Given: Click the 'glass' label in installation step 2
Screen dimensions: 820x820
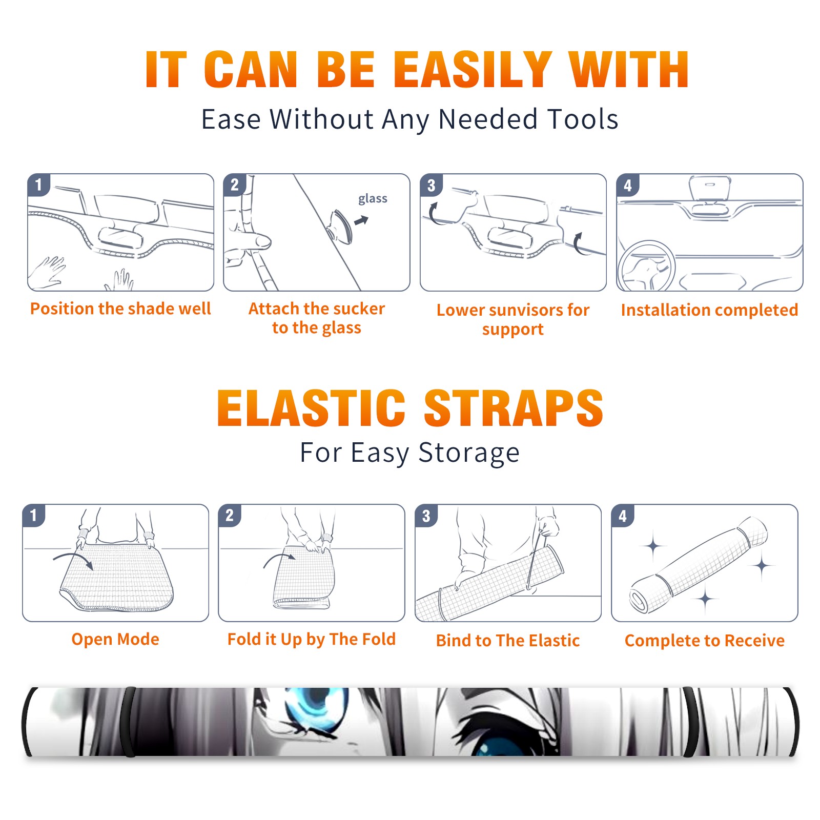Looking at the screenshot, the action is click(373, 199).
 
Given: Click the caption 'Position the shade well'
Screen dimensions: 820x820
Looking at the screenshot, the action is click(120, 309).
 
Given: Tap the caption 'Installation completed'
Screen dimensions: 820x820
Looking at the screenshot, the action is click(709, 310).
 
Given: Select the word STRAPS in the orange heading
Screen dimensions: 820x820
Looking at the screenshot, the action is click(514, 408).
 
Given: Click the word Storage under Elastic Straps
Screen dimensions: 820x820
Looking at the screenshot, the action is click(469, 453).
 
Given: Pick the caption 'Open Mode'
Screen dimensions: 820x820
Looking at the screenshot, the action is click(115, 639).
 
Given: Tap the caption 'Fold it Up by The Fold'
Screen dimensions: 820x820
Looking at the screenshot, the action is click(312, 639).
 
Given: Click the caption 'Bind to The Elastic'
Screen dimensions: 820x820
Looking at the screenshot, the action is click(508, 641).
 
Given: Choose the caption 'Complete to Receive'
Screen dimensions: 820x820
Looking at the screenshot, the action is click(705, 641).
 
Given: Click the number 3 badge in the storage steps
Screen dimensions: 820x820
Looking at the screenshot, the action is click(426, 516).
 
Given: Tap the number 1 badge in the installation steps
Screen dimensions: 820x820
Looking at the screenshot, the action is click(38, 184).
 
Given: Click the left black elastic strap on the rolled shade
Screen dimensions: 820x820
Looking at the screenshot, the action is click(128, 722).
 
